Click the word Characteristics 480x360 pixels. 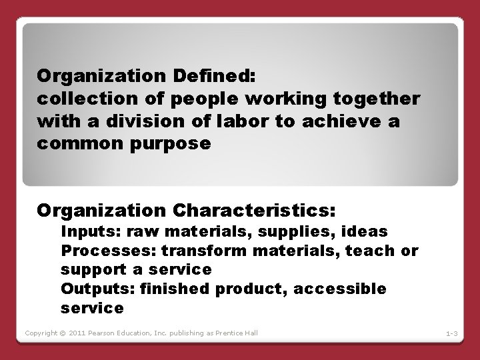[x=253, y=211]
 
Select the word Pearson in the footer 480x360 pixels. [x=107, y=333]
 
